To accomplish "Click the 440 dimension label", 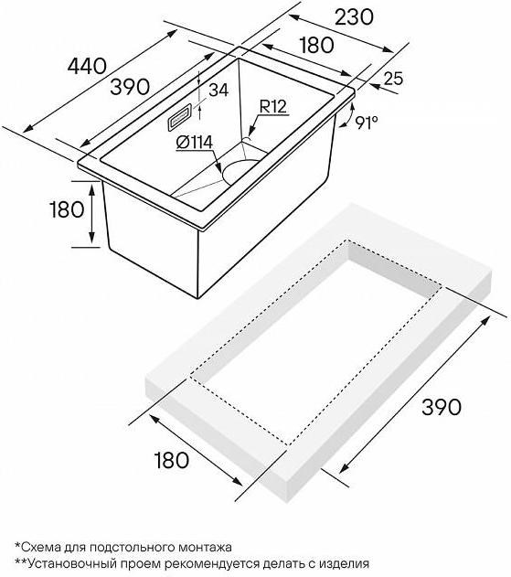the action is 87,66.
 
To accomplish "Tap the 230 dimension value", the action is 354,17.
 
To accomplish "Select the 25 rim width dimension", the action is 394,79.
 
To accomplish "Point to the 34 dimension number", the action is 218,90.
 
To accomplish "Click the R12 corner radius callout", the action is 273,107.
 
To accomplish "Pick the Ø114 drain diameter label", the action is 195,143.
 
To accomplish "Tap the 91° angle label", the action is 367,123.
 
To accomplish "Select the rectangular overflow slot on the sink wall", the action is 179,117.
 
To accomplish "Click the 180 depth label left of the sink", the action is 67,210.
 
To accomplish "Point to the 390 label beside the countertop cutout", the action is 442,407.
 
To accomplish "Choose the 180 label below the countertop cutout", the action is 172,460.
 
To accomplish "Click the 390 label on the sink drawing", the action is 130,87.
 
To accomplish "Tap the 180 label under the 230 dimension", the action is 317,45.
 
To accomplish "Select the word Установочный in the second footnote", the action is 69,564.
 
